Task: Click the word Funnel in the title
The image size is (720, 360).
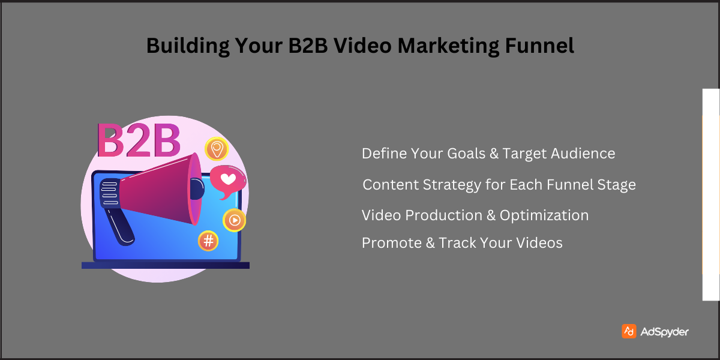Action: click(541, 46)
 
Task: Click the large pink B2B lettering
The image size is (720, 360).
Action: click(138, 141)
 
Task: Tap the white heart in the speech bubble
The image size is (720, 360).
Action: click(227, 179)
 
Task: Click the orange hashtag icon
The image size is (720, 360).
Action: click(208, 241)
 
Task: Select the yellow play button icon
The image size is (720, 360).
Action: click(234, 220)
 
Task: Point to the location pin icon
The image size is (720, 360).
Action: click(215, 148)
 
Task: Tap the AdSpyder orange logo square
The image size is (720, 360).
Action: click(629, 331)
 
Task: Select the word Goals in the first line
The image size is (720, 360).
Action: click(466, 154)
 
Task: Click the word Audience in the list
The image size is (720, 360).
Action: click(585, 154)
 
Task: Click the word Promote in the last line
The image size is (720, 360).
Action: click(391, 243)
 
